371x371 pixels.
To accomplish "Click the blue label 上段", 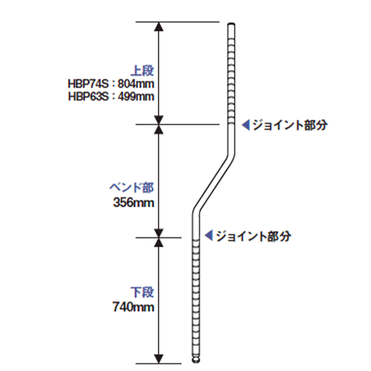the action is click(142, 70).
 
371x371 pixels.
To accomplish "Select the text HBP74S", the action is click(88, 84).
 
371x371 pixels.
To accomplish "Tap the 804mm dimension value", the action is click(136, 84).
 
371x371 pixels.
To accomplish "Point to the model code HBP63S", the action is click(88, 96).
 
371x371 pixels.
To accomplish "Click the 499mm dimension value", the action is click(136, 96).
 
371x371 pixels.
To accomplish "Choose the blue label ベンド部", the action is click(131, 188).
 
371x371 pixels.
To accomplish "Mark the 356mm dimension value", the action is click(134, 203).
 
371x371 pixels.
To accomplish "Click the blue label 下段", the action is click(142, 292).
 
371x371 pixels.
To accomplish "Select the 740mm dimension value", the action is click(134, 307).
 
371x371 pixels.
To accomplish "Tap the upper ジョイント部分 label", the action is click(290, 125).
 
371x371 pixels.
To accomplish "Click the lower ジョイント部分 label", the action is click(254, 236).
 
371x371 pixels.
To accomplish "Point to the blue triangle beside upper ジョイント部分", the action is click(246, 125).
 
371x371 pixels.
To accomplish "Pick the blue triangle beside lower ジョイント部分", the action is click(209, 235).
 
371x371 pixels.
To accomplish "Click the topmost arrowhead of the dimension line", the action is click(159, 27).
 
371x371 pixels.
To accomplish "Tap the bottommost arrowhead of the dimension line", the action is click(159, 359).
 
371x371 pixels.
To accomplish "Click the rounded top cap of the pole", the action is click(232, 24).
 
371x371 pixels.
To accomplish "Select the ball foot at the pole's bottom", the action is click(196, 360).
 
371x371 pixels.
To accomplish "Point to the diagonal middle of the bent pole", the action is click(214, 183).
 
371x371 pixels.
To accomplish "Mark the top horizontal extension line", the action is click(177, 22).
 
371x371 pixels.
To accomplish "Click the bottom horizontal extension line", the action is click(159, 364).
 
